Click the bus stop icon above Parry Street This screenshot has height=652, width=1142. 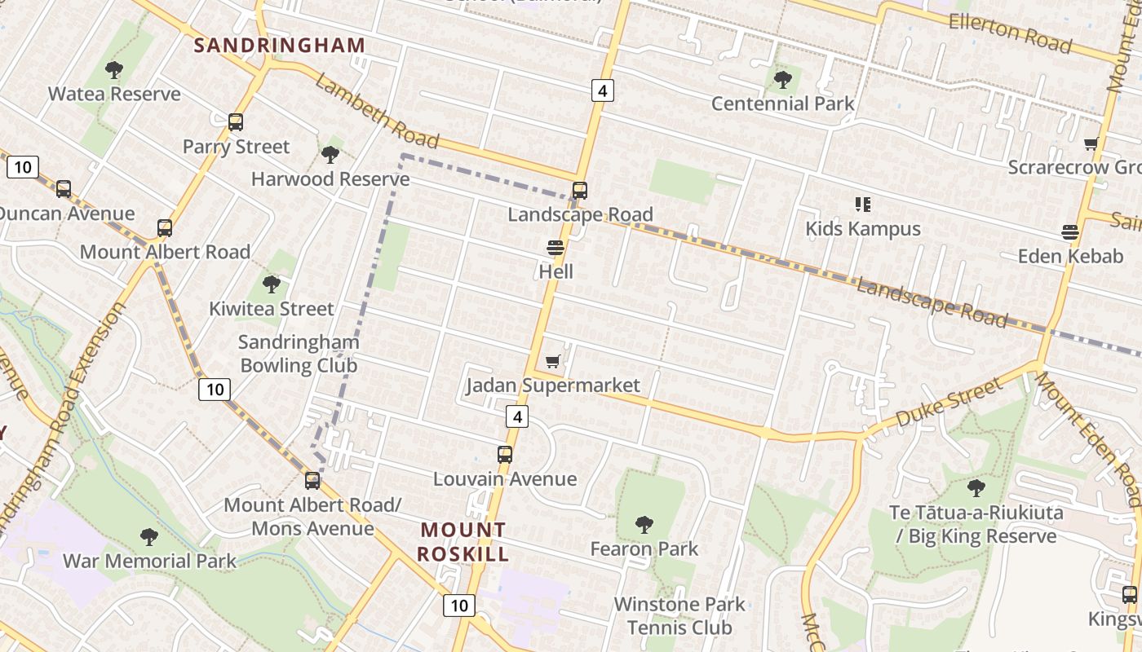point(236,122)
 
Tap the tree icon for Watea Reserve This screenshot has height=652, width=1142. point(114,70)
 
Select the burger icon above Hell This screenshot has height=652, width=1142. point(556,247)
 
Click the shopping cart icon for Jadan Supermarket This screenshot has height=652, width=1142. point(553,361)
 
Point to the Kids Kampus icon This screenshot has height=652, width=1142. point(862,204)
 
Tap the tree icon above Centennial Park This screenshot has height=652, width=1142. point(783,80)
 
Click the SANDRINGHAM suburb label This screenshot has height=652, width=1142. point(279,46)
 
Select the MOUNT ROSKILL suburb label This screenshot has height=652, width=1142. point(463,542)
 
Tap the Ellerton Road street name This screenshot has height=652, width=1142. point(1010,33)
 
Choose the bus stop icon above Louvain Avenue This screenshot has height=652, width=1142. point(505,455)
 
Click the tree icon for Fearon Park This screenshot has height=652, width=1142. point(644,524)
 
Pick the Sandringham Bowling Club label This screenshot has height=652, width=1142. point(299,354)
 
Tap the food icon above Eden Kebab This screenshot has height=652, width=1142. point(1070,231)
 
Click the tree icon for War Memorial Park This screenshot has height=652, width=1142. point(148,537)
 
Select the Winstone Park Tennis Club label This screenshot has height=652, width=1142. point(679,616)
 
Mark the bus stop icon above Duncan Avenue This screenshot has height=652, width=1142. point(64,189)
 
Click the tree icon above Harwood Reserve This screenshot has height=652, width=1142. point(330,154)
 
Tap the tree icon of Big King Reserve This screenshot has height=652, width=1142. point(976,488)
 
